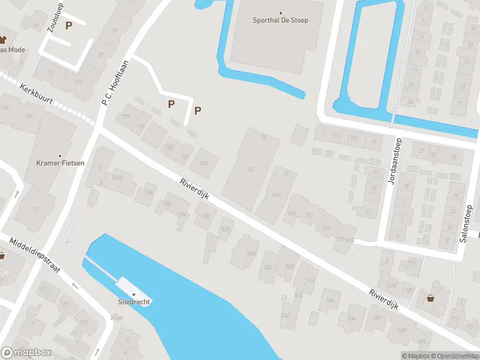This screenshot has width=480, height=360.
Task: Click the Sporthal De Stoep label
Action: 280,20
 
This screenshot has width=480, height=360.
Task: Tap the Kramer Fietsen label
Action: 60,163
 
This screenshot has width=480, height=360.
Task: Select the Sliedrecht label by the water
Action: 134,302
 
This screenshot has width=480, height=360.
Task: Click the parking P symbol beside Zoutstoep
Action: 68,25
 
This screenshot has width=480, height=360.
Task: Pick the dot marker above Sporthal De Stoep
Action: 280,13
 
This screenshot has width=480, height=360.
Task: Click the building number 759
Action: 204,163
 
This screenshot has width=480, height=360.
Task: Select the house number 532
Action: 206,216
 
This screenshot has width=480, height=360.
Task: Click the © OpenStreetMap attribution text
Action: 455,356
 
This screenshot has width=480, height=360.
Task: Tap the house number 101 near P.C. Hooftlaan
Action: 79,82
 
